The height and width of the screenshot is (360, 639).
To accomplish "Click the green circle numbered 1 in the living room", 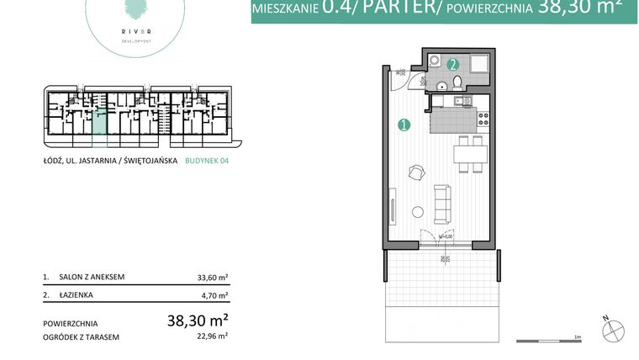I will pyautogui.click(x=404, y=125).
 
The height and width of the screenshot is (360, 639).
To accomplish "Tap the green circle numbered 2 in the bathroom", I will pyautogui.click(x=452, y=64).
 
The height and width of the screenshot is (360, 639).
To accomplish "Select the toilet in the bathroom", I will pyautogui.click(x=457, y=82).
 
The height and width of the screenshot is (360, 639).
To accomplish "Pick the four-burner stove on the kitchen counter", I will pyautogui.click(x=483, y=119).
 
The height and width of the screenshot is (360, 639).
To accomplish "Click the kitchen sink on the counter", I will pyautogui.click(x=460, y=102).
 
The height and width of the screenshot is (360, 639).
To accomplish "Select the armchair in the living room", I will pyautogui.click(x=416, y=172).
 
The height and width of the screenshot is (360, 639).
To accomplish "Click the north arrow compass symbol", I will pyautogui.click(x=614, y=331).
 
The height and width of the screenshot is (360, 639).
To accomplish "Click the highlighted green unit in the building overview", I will pyautogui.click(x=100, y=121).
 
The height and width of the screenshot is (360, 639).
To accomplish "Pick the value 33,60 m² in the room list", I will pyautogui.click(x=213, y=276).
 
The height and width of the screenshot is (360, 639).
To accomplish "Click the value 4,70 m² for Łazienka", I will pyautogui.click(x=215, y=295).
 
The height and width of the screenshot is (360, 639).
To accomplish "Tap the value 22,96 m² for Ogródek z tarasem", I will pyautogui.click(x=213, y=336).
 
